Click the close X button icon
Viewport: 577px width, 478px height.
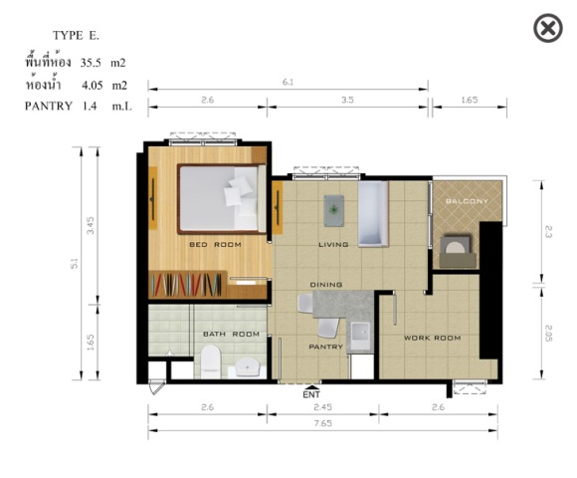(548, 28)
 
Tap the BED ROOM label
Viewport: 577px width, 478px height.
(215, 245)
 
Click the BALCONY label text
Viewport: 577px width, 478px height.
(467, 201)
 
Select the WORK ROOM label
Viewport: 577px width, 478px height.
(433, 338)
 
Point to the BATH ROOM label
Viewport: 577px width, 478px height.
(231, 334)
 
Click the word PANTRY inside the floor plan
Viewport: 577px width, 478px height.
(325, 347)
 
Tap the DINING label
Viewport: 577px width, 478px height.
(326, 285)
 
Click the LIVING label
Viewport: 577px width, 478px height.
(333, 245)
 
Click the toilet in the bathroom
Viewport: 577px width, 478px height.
(211, 361)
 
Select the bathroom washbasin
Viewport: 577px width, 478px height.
(248, 366)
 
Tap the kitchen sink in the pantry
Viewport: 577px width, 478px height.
(360, 336)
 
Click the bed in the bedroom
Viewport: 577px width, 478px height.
(222, 199)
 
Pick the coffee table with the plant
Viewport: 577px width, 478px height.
(334, 211)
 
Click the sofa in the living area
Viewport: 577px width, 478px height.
(373, 214)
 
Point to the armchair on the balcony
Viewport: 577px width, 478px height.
(458, 251)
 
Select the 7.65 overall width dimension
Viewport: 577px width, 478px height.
(322, 423)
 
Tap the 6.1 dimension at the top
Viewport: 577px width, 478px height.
(288, 82)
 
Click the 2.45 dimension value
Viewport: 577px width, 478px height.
(322, 407)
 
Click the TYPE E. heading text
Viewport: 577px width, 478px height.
(76, 36)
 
